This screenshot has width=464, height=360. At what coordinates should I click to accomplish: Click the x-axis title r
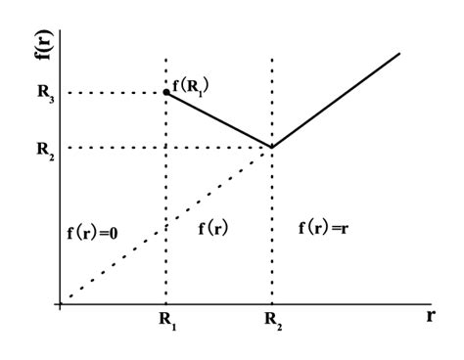click(430, 317)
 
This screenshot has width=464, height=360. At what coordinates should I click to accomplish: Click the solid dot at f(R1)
click(166, 92)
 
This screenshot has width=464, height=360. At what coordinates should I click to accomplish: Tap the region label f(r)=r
click(326, 228)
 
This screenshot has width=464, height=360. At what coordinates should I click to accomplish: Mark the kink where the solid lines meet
click(271, 148)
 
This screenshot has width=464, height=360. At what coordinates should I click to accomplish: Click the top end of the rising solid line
click(399, 52)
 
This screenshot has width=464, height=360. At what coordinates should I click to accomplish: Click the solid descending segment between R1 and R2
click(219, 120)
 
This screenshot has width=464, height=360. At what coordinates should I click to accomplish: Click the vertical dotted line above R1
click(166, 196)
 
